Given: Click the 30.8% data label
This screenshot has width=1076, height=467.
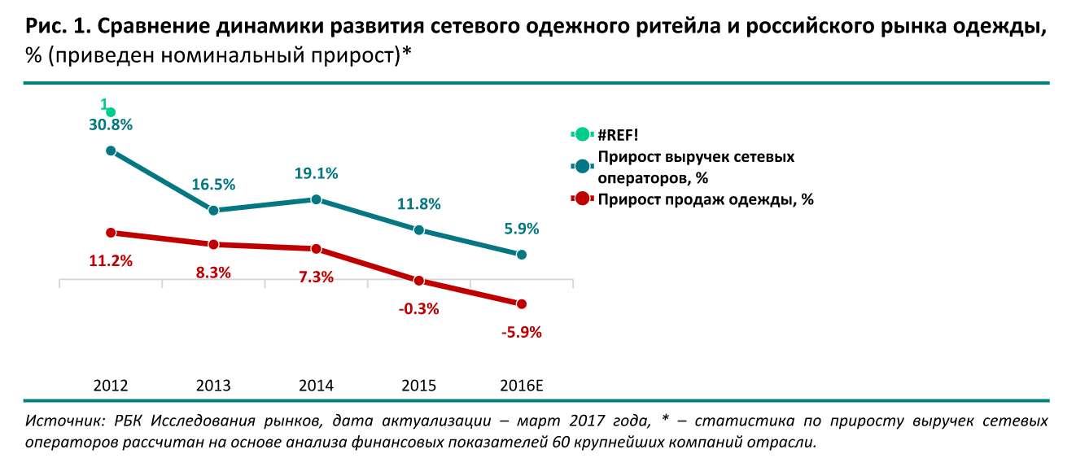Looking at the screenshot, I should coord(111,125).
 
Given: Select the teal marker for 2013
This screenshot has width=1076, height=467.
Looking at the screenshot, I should coord(213,210).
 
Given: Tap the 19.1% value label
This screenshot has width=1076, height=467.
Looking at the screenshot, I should coord(316,173).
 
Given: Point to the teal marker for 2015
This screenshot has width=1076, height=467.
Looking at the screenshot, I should coord(418,230).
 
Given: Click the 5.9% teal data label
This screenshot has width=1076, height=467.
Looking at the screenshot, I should coord(521,229).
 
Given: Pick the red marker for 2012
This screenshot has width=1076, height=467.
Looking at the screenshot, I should coord(111,233).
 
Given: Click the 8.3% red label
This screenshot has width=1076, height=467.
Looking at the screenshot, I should coord(213,273).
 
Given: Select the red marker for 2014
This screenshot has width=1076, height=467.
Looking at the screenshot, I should coord(316,249).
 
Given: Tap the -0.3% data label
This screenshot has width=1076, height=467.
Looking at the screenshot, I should coord(418,308).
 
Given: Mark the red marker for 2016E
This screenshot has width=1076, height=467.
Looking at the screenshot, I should coord(522,303).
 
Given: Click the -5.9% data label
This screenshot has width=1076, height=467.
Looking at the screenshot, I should coord(521,332).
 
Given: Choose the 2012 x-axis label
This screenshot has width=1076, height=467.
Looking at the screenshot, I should coord(111,386).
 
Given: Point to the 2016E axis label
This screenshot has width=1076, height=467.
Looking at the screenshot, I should coord(521,386).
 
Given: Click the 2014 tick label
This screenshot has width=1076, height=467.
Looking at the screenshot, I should coord(316,386).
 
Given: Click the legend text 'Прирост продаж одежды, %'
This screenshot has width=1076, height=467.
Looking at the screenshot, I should coord(705,199).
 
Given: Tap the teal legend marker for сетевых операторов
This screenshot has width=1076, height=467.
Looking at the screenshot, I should coord(581,166).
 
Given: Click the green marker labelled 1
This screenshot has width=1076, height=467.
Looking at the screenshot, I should coord(111,112).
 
